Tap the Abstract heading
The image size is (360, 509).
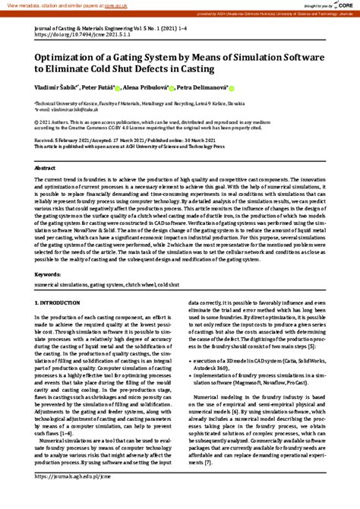point(46,167)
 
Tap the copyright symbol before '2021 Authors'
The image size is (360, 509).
point(38,120)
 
